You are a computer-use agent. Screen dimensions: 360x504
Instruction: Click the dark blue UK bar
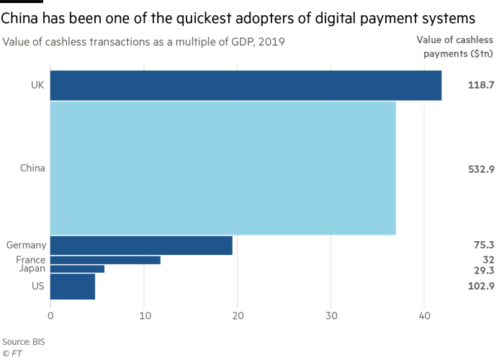[x=246, y=85]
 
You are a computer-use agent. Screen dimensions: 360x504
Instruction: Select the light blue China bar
[x=222, y=168]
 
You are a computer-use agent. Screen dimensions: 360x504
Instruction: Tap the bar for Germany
[x=141, y=246]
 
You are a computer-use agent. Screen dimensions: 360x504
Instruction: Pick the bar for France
[x=105, y=260]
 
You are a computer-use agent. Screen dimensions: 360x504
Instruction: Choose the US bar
[x=72, y=286]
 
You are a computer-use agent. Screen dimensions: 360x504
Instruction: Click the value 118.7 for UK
[x=480, y=85]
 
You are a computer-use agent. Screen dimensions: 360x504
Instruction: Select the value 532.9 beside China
[x=480, y=168]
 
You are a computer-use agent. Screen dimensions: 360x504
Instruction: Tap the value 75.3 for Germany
[x=483, y=246]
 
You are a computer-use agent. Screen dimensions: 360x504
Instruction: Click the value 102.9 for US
[x=480, y=286]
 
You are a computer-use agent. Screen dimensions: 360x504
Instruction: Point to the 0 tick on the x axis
[x=50, y=315]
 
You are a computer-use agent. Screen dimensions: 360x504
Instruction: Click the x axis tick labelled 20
[x=238, y=315]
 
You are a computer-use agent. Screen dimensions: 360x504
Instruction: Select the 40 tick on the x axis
[x=425, y=315]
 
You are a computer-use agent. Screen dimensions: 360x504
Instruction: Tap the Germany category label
[x=25, y=246]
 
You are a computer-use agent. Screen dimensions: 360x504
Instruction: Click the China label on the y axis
[x=32, y=168]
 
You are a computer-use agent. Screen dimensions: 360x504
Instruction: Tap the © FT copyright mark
[x=12, y=353]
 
